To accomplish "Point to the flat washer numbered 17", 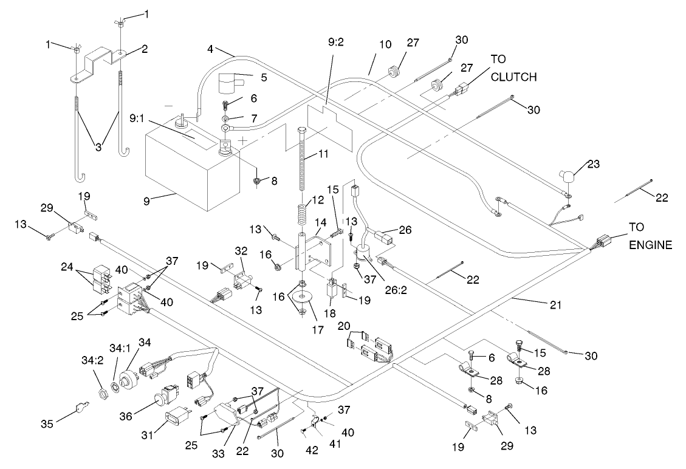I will [x=302, y=298].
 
